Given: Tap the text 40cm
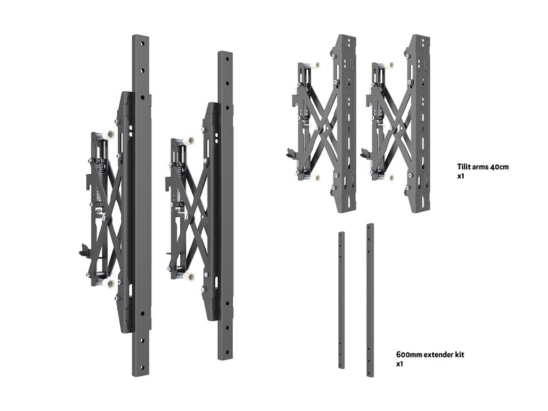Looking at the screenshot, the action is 499,167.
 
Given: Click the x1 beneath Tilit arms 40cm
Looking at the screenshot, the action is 460,176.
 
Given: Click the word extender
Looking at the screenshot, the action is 438,355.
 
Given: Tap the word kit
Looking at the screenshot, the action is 460,355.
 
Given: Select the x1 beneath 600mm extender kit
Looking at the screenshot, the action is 399,364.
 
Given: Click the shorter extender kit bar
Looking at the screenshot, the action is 341,300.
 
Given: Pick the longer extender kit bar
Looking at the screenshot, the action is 370,300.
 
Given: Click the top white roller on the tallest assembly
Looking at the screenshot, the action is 110,134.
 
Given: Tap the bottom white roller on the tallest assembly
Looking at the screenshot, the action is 109,283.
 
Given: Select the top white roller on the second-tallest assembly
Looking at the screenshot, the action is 190,141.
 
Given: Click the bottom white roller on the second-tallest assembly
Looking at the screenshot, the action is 189,277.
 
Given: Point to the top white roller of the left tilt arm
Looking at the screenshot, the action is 316,65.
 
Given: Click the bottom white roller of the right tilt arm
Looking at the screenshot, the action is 390,177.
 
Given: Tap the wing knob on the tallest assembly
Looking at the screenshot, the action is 84,249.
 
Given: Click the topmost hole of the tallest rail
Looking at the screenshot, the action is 142,44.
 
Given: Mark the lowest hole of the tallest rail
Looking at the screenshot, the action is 142,366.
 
